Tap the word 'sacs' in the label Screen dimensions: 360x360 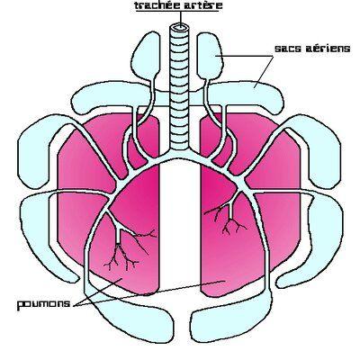pyautogui.click(x=288, y=49)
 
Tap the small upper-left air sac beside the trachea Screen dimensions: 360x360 pyautogui.click(x=147, y=56)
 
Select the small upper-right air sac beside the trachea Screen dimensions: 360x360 pyautogui.click(x=211, y=56)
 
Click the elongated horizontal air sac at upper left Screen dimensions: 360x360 pyautogui.click(x=111, y=97)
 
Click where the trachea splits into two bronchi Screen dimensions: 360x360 pyautogui.click(x=180, y=154)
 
